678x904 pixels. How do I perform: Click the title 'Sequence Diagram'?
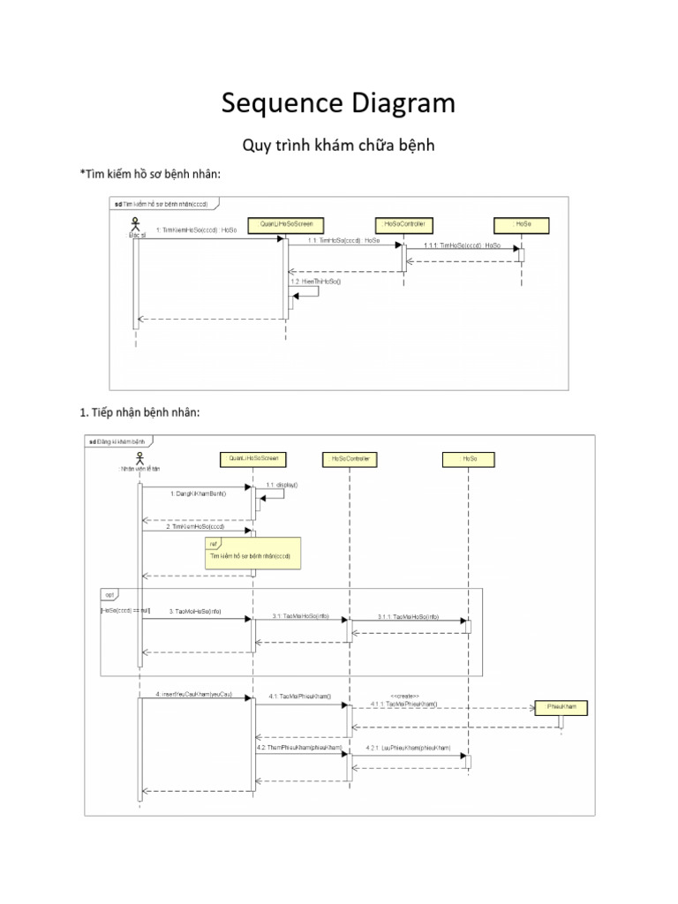(338, 103)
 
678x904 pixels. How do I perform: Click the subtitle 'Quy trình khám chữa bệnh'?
(338, 146)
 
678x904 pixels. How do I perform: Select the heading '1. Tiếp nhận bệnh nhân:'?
(140, 411)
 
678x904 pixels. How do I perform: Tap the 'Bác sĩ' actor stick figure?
(135, 224)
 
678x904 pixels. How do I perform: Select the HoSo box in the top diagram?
(522, 224)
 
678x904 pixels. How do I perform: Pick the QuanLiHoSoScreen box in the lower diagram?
(253, 459)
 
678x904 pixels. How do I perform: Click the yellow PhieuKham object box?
(560, 707)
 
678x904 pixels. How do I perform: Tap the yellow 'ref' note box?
(252, 553)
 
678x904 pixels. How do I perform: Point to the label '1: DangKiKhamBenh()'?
(199, 493)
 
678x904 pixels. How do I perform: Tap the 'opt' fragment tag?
(111, 595)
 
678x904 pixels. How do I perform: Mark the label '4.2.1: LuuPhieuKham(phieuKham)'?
(407, 748)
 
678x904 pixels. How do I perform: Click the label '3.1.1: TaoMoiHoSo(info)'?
(408, 616)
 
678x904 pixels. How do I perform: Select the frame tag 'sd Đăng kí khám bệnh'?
(118, 441)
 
